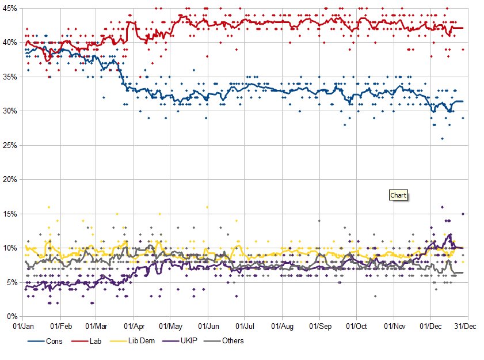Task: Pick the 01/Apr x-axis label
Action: pos(134,327)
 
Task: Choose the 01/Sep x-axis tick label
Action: pos(319,327)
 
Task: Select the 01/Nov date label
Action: pos(394,327)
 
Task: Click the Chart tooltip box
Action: pos(398,195)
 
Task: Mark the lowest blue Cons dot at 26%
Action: pos(442,139)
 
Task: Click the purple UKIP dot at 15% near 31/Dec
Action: pos(462,214)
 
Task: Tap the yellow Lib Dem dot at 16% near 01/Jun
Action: pos(207,207)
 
